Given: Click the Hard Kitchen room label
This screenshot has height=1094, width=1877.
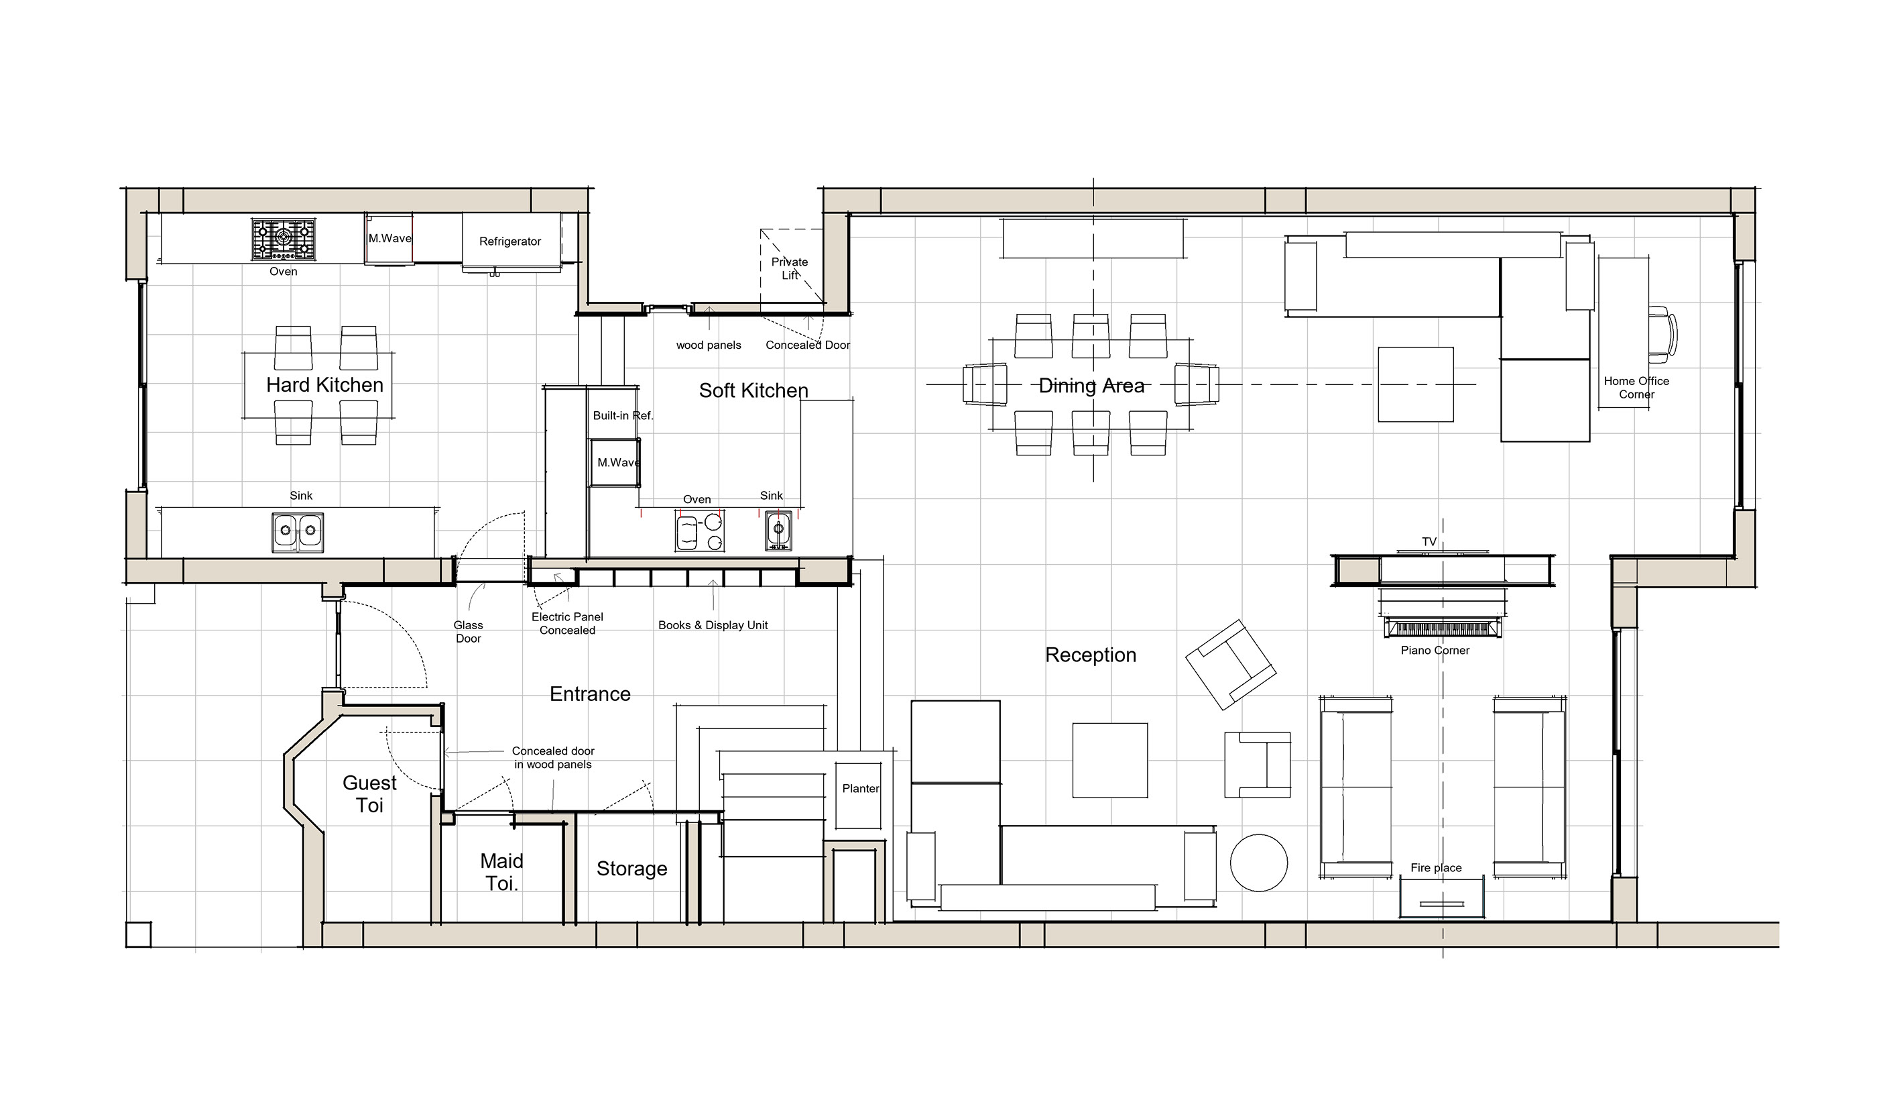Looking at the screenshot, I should click(324, 385).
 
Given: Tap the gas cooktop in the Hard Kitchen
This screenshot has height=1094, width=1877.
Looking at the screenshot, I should click(283, 239).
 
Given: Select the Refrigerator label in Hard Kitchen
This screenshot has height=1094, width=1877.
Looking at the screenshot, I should click(509, 241).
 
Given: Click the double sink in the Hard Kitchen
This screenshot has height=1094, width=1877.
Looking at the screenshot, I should click(298, 532).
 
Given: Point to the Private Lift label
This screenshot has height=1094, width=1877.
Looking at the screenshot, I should click(790, 268).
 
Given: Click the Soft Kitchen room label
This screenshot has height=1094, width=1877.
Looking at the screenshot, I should click(753, 390).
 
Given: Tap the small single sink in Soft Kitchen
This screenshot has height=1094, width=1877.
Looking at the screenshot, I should click(778, 531).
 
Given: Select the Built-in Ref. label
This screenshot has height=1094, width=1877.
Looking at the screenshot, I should click(622, 416).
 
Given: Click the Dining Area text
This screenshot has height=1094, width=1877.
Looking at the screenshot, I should click(1091, 386).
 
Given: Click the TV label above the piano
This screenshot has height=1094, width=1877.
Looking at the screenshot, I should click(1429, 542).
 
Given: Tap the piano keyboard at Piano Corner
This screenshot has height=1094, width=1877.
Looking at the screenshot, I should click(1442, 627).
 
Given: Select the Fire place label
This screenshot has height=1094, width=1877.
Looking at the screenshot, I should click(1435, 868).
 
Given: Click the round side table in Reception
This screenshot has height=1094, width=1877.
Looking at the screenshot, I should click(1258, 862).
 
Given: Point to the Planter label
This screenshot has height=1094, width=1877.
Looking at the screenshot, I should click(860, 788).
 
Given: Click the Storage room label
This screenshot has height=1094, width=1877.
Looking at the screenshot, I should click(631, 869).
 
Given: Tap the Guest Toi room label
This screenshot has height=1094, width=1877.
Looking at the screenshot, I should click(369, 794).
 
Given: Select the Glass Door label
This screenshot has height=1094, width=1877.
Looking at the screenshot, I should click(469, 632).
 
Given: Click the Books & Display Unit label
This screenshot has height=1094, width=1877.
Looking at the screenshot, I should click(713, 625).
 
